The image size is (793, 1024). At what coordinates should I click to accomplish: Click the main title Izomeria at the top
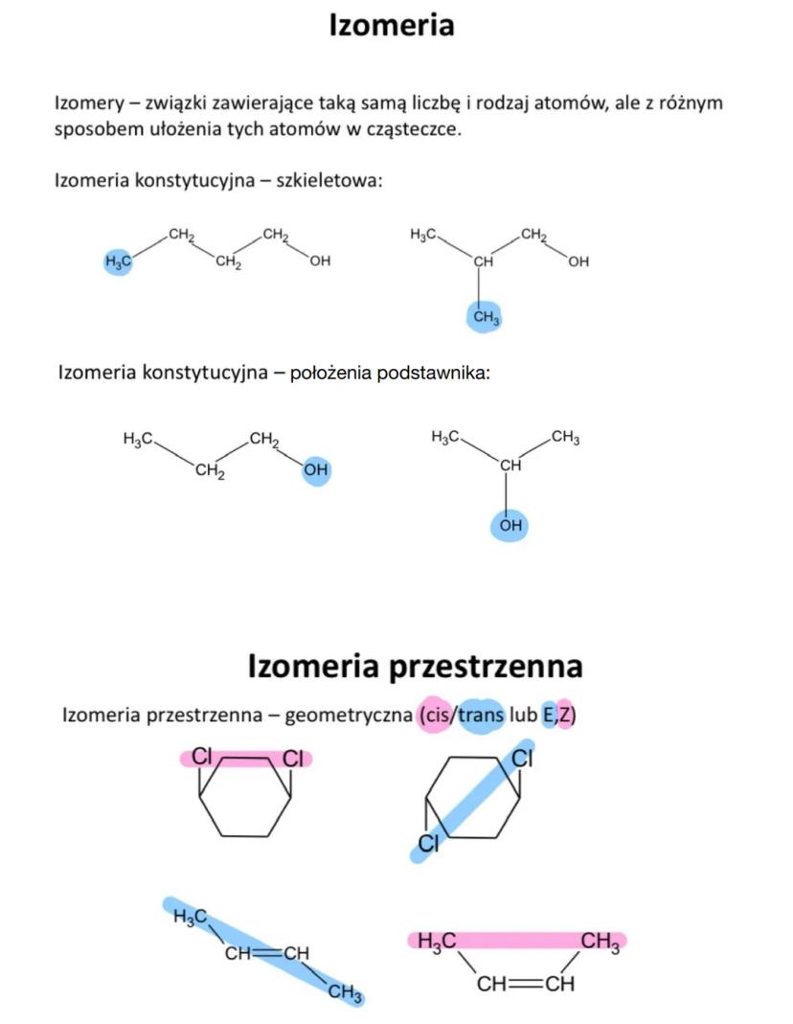391,25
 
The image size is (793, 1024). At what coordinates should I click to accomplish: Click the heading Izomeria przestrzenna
415,666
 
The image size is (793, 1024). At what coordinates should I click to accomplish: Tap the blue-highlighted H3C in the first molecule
117,261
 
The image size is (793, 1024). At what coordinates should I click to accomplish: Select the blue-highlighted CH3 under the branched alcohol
487,316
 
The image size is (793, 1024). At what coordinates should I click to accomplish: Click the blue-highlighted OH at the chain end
316,470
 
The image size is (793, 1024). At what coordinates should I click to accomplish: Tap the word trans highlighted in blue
481,715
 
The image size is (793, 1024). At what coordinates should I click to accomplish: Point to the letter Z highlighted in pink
564,715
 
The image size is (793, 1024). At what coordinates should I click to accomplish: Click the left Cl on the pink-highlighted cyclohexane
202,757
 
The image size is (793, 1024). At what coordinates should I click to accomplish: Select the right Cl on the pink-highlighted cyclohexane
292,759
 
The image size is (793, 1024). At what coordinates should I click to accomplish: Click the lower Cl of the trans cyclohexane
427,843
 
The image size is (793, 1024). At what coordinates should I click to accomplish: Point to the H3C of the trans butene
190,918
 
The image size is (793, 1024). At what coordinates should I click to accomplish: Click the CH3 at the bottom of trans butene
345,993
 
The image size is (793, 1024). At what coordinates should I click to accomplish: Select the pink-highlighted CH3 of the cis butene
600,942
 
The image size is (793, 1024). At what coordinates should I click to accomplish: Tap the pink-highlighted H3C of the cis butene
436,942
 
